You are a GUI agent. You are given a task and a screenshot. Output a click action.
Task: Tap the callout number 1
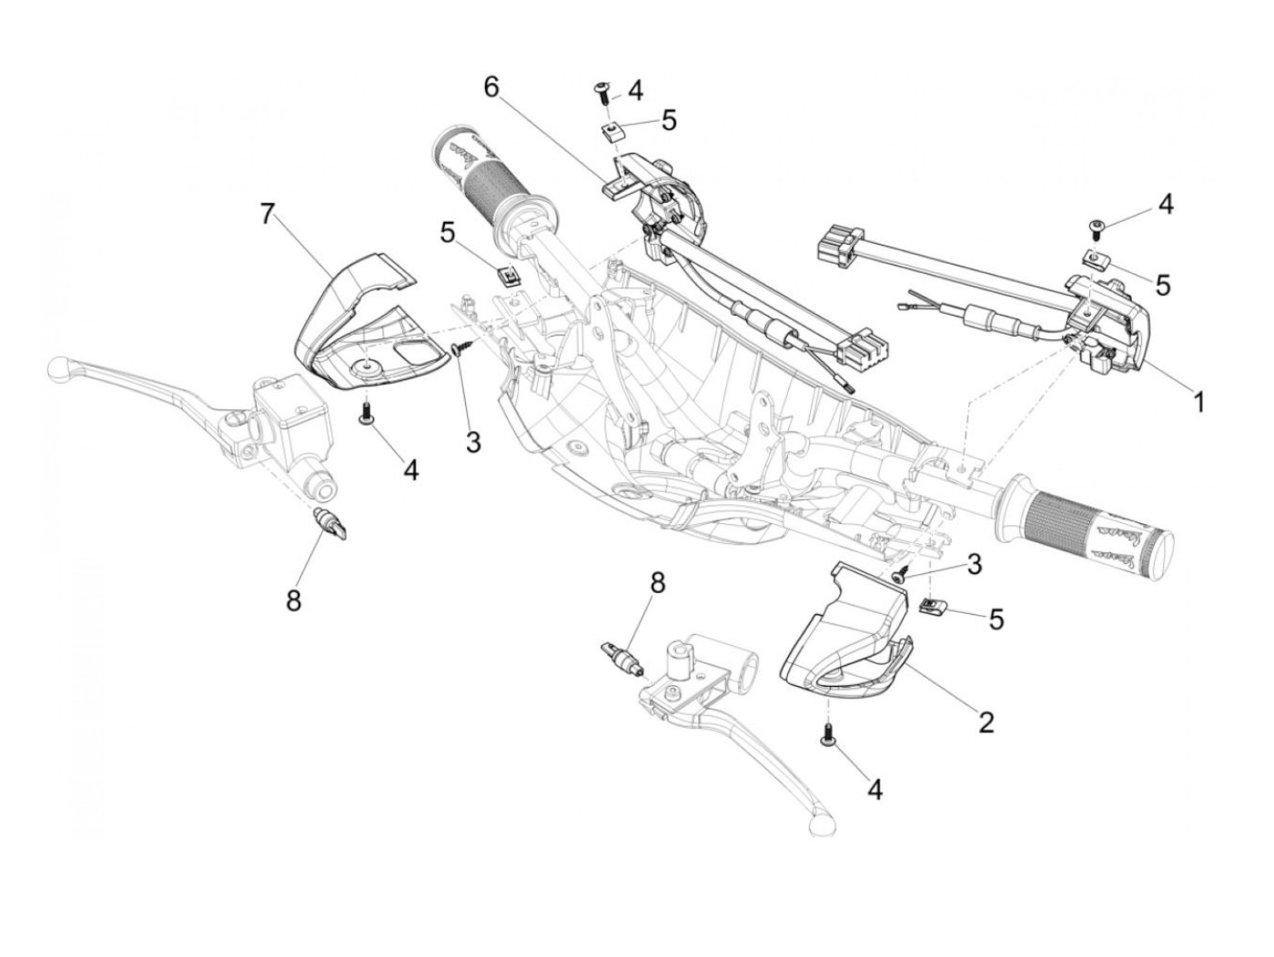(1198, 401)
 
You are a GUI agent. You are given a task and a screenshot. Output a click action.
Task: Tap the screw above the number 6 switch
(602, 87)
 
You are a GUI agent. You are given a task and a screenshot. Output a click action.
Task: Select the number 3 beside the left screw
(472, 442)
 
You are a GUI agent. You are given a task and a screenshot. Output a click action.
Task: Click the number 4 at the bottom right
(875, 789)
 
